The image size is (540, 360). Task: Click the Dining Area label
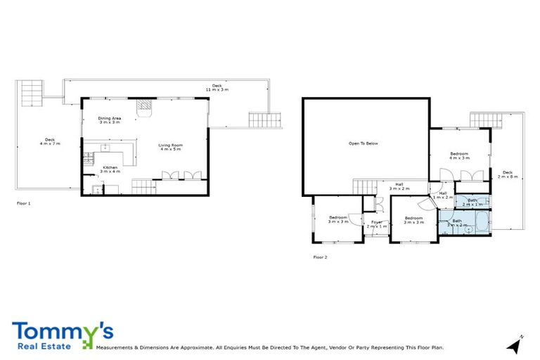pos(109,120)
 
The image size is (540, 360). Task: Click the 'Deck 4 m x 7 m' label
pos(49,141)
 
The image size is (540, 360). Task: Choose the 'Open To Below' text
pos(364,143)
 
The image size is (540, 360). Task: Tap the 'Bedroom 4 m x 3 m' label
pos(459,155)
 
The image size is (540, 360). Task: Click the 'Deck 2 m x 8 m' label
pos(507,174)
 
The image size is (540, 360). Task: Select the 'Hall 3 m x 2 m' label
pos(399,187)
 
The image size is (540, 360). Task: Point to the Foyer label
pos(377,224)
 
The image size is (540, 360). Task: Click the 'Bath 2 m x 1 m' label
pos(472,202)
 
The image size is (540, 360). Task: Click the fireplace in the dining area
pos(144,106)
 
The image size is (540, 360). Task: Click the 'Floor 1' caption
pos(24,203)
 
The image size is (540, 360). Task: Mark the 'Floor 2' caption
pos(320,257)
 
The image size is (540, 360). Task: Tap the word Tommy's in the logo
pos(62,330)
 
